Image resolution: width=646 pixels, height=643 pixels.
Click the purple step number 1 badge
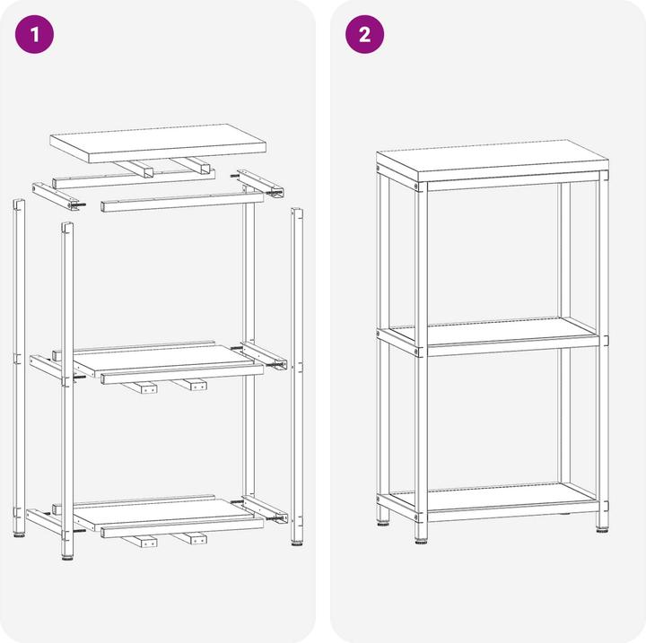click(35, 35)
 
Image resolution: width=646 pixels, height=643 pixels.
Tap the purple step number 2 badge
click(364, 35)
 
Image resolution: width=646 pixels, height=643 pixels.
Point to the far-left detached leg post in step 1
click(18, 368)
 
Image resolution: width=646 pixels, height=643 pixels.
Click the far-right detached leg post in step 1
click(297, 377)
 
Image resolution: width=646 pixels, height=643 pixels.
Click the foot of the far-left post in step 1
click(19, 538)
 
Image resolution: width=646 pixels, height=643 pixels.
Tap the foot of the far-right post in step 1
click(297, 543)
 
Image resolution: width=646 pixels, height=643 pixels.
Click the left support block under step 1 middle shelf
click(143, 387)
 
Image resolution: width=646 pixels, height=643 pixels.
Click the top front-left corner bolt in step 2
click(418, 187)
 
